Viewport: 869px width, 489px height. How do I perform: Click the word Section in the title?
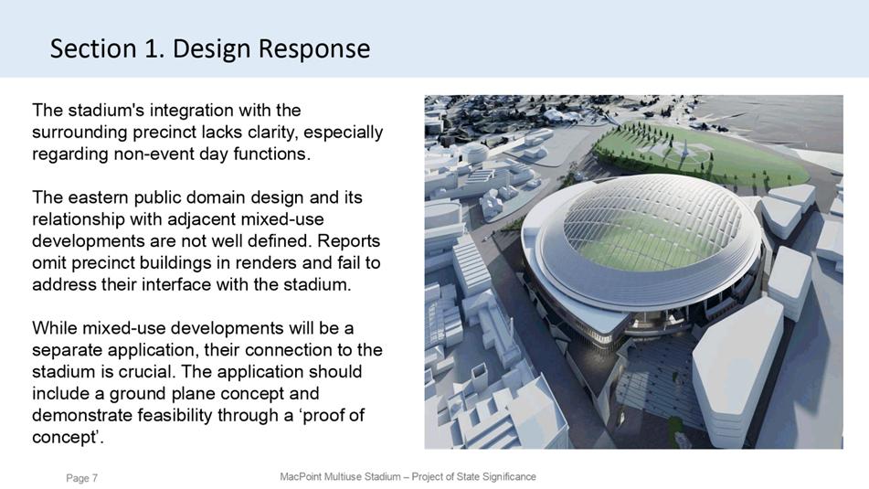pyautogui.click(x=93, y=48)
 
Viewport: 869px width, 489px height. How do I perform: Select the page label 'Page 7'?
pyautogui.click(x=82, y=478)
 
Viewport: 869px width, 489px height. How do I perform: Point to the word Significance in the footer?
pyautogui.click(x=509, y=477)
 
